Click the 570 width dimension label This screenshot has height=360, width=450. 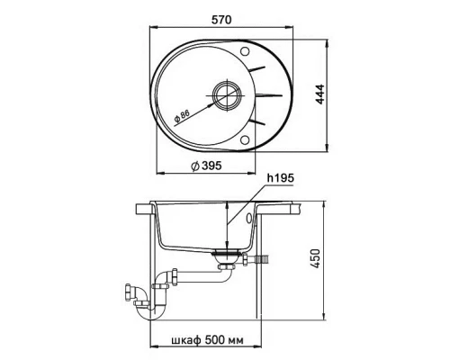[x=221, y=20]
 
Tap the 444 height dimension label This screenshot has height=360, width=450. [x=320, y=94]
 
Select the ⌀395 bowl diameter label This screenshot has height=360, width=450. [x=206, y=166]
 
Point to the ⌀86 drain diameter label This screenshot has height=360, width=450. [x=182, y=117]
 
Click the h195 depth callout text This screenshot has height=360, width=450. [x=281, y=178]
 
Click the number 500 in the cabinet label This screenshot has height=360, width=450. [x=215, y=340]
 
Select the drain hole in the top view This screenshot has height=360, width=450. [x=227, y=95]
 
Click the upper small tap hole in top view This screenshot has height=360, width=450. [x=245, y=51]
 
